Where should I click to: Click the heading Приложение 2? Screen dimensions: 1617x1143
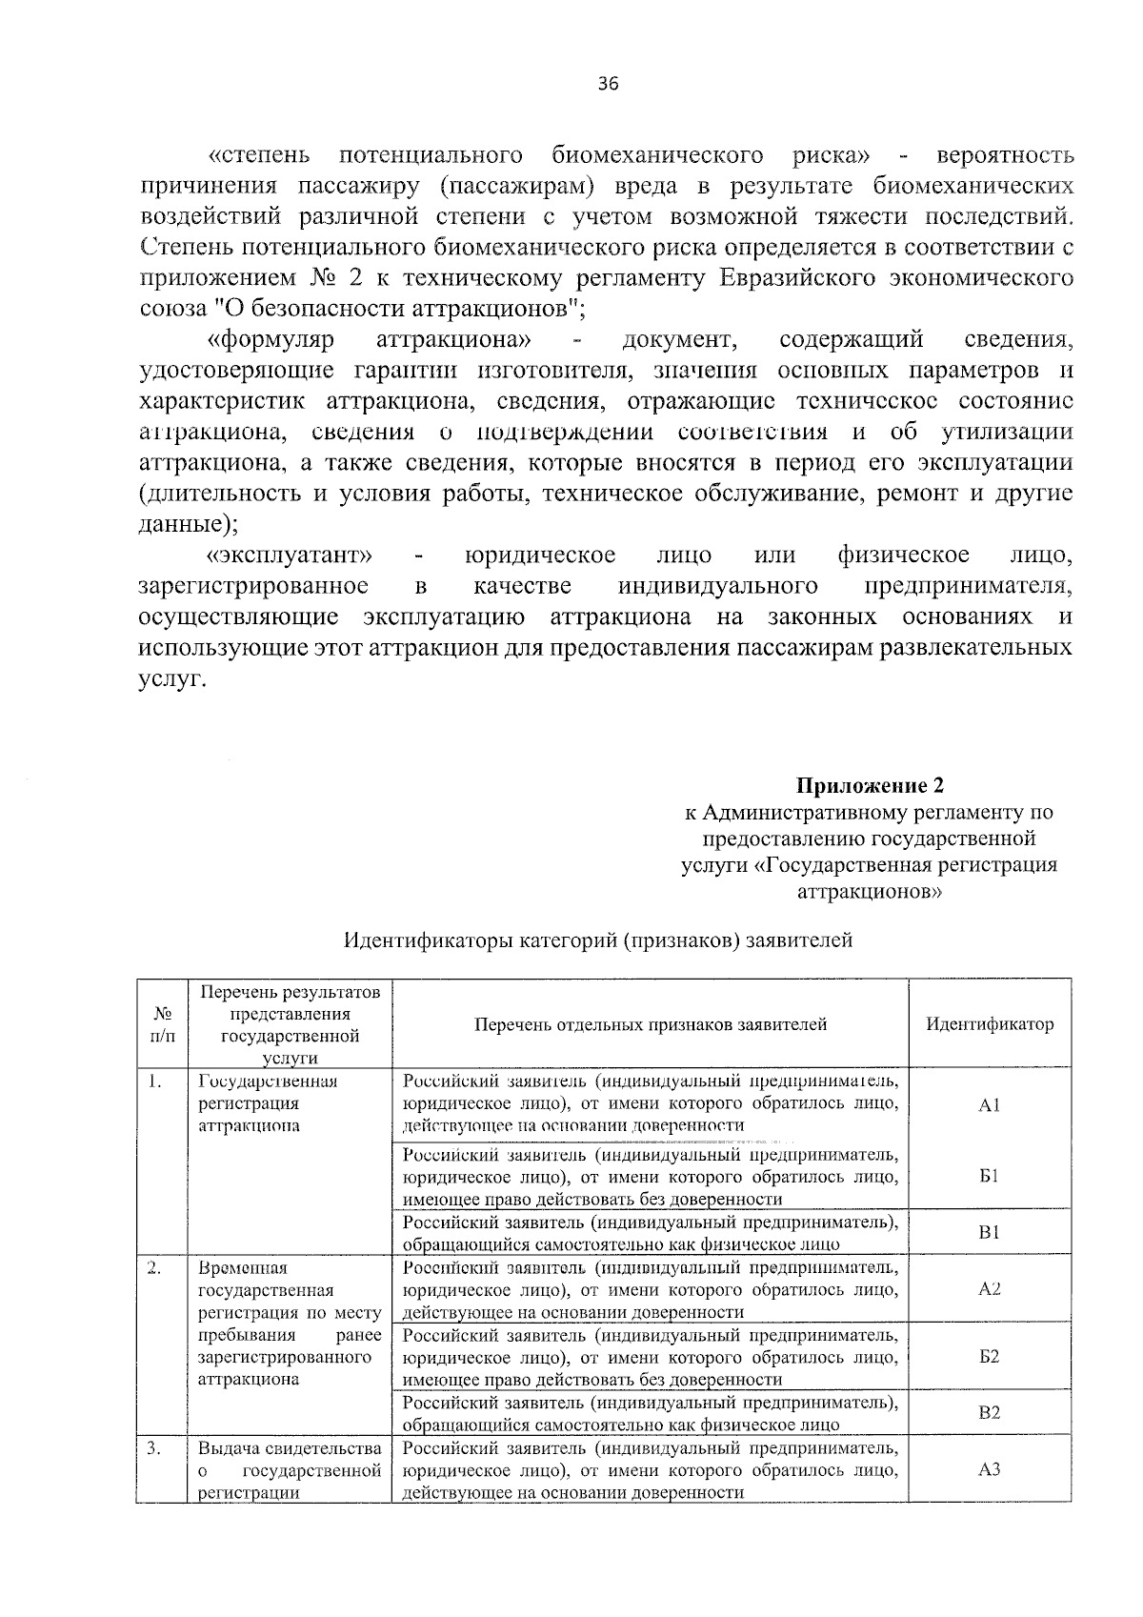pos(871,786)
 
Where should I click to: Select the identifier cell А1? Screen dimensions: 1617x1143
pos(989,1105)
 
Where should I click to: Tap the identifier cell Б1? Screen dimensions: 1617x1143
pos(989,1176)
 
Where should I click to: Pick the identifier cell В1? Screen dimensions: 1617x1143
pos(989,1232)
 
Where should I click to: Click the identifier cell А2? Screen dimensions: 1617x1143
pos(989,1289)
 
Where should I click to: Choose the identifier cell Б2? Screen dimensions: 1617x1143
pos(989,1356)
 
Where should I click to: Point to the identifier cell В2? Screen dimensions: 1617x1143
pos(989,1413)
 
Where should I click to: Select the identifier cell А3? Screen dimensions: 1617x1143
pos(989,1469)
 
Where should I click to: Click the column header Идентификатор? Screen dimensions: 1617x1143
pos(990,1024)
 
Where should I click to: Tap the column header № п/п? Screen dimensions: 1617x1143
pos(163,1024)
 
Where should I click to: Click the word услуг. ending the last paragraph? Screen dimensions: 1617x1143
pos(172,678)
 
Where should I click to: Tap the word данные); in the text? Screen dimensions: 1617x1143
pos(189,524)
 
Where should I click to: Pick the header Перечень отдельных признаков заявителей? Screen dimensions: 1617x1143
pos(651,1024)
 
